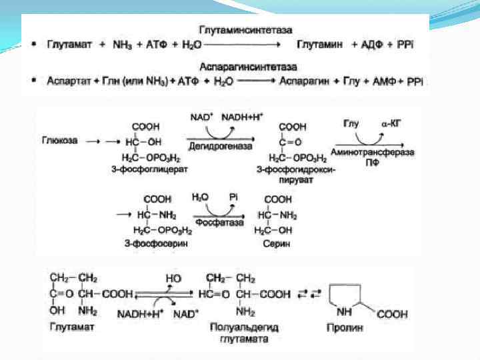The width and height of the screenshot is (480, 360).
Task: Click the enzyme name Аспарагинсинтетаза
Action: (x=248, y=67)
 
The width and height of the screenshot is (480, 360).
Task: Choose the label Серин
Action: (x=277, y=243)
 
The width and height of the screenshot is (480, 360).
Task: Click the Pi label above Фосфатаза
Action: (x=233, y=198)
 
